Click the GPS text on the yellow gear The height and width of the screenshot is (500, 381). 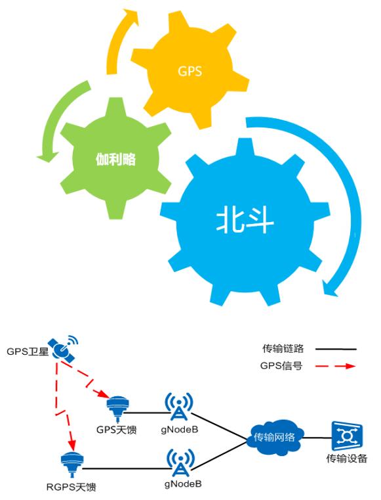[x=190, y=71]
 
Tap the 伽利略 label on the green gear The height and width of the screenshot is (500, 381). [x=115, y=159]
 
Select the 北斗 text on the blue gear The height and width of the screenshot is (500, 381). [x=245, y=220]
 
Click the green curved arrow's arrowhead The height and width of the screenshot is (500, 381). [x=47, y=156]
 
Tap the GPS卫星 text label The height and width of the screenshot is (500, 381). [x=28, y=352]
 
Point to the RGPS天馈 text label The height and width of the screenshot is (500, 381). [x=71, y=488]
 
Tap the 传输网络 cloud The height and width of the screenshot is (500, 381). [x=275, y=437]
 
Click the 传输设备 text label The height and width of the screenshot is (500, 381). [x=347, y=459]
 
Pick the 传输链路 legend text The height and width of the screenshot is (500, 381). [x=283, y=348]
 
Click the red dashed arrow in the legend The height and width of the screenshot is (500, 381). [x=336, y=366]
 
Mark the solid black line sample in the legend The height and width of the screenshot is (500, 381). [x=336, y=349]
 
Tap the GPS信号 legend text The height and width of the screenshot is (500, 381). [x=281, y=366]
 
